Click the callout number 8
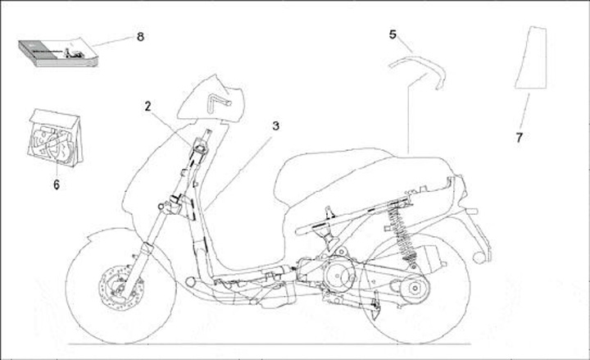(x=140, y=37)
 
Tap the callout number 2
(x=148, y=106)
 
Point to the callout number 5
(x=393, y=34)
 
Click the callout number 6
(x=57, y=185)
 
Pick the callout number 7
(x=519, y=138)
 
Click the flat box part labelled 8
(x=57, y=53)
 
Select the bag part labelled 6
(x=56, y=138)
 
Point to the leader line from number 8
(x=112, y=41)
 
